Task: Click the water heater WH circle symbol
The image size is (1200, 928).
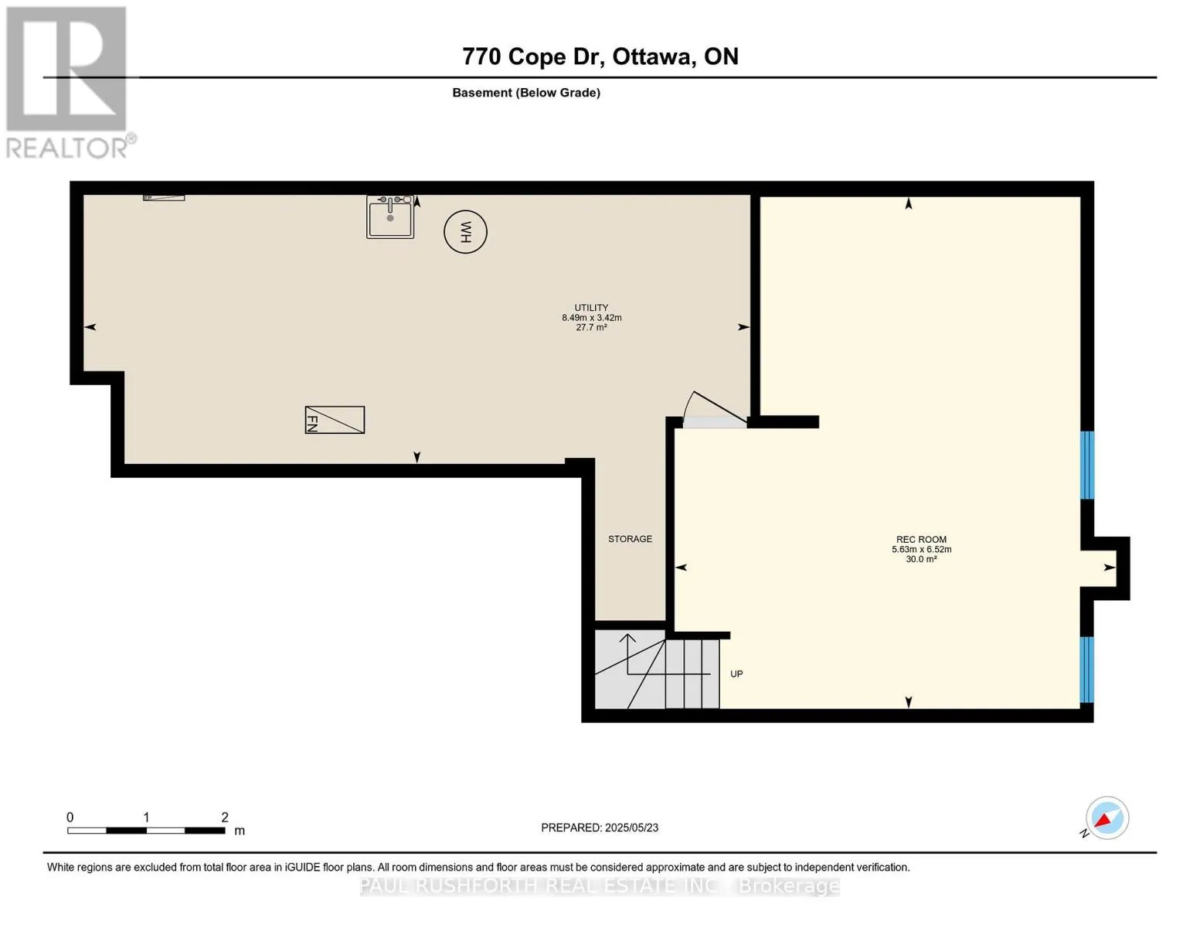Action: click(465, 231)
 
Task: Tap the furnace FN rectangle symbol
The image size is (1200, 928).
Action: click(335, 419)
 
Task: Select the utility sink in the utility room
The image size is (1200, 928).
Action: click(390, 217)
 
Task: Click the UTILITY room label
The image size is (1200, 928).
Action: click(591, 307)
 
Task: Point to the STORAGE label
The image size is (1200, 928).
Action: click(630, 538)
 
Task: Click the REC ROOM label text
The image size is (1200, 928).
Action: click(921, 539)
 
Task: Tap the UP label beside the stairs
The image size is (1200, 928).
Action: click(736, 674)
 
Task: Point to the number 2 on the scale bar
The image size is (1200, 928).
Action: click(225, 817)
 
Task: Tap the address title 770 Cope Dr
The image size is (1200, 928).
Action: click(532, 57)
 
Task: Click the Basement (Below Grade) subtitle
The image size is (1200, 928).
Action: click(526, 93)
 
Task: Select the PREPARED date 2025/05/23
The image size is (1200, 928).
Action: click(600, 827)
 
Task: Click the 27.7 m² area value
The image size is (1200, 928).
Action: click(591, 327)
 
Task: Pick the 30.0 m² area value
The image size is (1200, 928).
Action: click(921, 559)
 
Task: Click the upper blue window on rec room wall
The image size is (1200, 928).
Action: click(1086, 465)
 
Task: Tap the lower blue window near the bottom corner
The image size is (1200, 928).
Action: click(1086, 670)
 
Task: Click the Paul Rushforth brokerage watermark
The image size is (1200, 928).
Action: click(600, 886)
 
